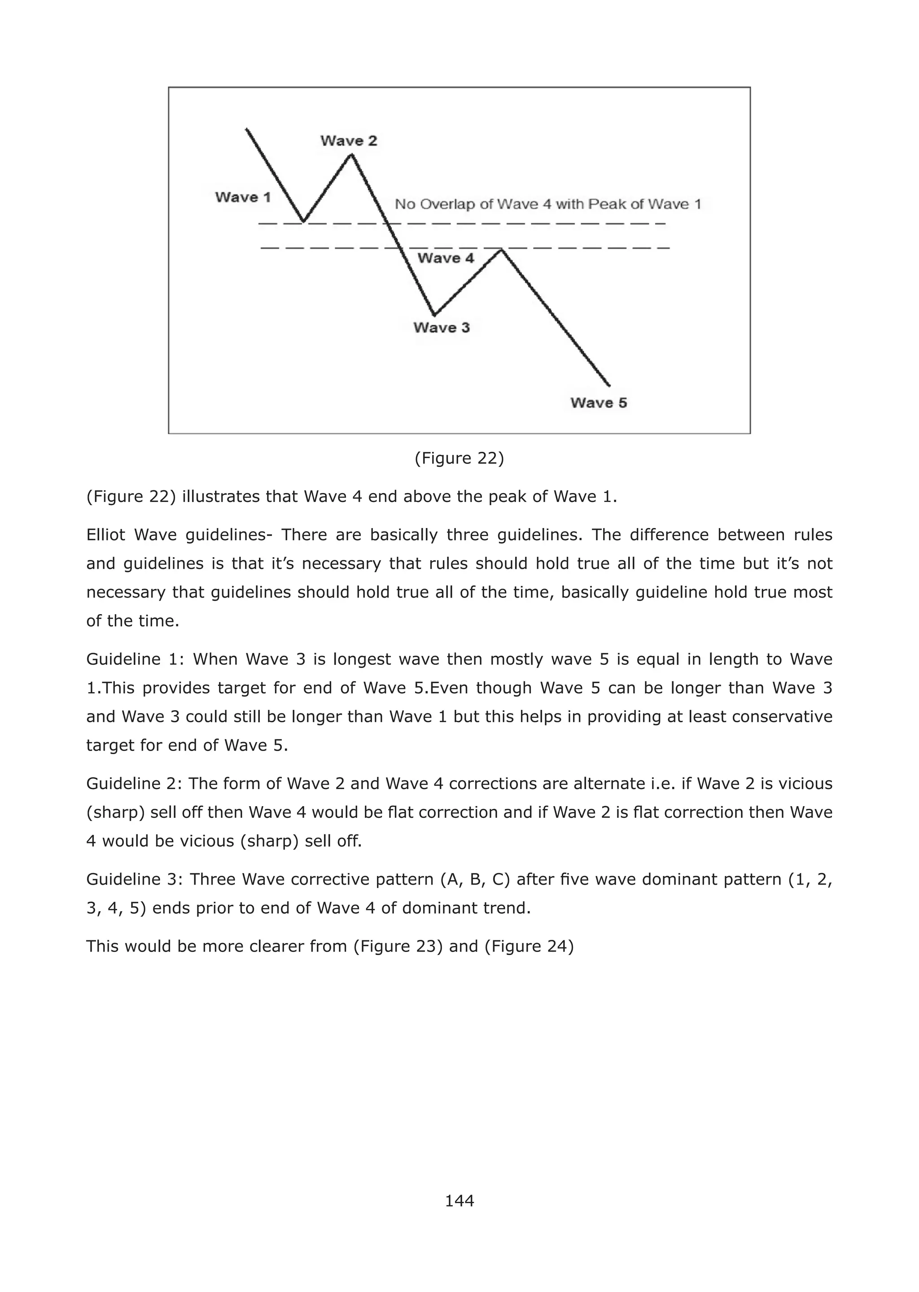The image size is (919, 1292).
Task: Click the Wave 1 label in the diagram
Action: click(243, 197)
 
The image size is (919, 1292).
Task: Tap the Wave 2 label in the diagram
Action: click(349, 141)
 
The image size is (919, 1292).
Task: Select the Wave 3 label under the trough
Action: click(442, 327)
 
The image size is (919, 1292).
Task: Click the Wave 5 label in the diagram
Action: click(599, 403)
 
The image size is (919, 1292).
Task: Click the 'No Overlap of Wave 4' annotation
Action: click(547, 204)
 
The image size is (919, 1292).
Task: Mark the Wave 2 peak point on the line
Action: click(351, 154)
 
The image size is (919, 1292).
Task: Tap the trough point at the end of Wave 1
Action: click(304, 221)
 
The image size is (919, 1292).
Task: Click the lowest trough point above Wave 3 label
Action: click(434, 314)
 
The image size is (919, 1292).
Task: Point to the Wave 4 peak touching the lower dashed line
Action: click(501, 249)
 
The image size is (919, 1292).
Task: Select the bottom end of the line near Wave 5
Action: click(609, 386)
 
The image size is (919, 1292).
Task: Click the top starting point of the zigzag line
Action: click(247, 130)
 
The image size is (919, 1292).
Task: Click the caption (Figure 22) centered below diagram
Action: click(459, 458)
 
